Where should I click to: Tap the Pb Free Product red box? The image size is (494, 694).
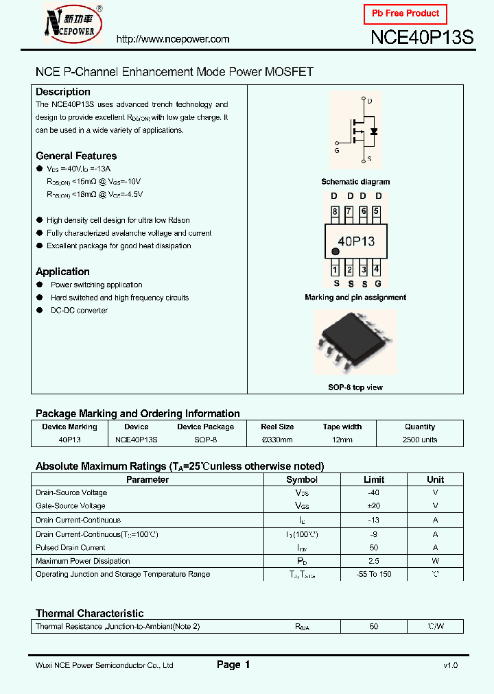coord(405,14)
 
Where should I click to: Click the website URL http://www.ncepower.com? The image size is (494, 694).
coord(173,39)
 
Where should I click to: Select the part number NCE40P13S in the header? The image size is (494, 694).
coord(421,38)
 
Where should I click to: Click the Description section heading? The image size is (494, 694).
coord(63,92)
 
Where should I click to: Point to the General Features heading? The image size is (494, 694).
coord(76,156)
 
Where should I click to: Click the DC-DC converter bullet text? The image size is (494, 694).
coord(79,311)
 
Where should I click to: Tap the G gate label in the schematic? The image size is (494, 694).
coord(337,150)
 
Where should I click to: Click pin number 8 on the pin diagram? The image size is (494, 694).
coord(335,212)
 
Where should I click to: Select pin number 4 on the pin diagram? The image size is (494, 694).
coord(376,270)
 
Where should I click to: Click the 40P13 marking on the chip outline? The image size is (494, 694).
coord(356,241)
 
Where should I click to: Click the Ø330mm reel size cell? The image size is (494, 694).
coord(277,440)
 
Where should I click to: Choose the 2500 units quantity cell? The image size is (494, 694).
coord(420,440)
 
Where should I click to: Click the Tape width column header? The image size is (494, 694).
coord(342,427)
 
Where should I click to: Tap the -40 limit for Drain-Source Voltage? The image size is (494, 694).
coord(373,492)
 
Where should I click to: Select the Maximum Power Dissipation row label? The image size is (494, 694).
coord(82,561)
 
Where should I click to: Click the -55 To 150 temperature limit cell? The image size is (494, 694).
coord(374,574)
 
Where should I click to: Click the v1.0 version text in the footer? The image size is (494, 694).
coord(450,665)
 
